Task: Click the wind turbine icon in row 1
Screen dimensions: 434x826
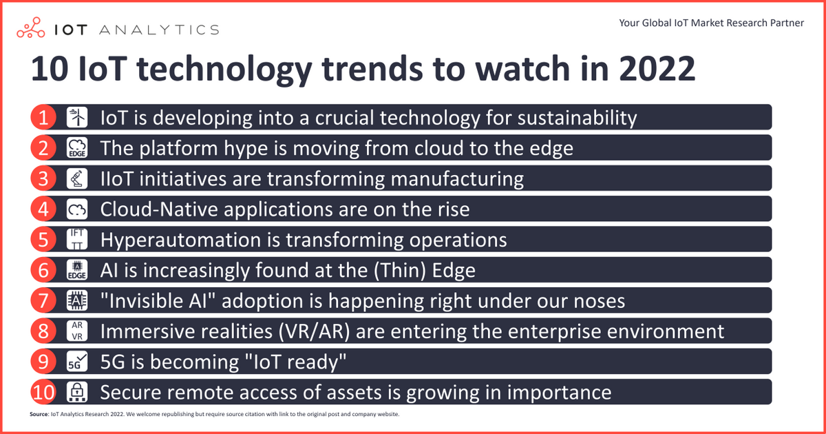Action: tap(77, 117)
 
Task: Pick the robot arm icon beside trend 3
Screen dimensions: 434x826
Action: tap(77, 178)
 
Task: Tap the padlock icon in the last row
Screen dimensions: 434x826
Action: tap(77, 392)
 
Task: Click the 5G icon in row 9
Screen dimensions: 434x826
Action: tap(77, 362)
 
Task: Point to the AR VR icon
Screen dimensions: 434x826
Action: tap(77, 331)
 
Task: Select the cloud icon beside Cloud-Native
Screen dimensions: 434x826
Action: tap(77, 209)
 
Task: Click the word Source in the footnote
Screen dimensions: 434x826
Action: tap(39, 415)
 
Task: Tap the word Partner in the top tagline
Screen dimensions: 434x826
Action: tap(785, 23)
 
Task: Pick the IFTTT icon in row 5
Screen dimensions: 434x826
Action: tap(77, 239)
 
